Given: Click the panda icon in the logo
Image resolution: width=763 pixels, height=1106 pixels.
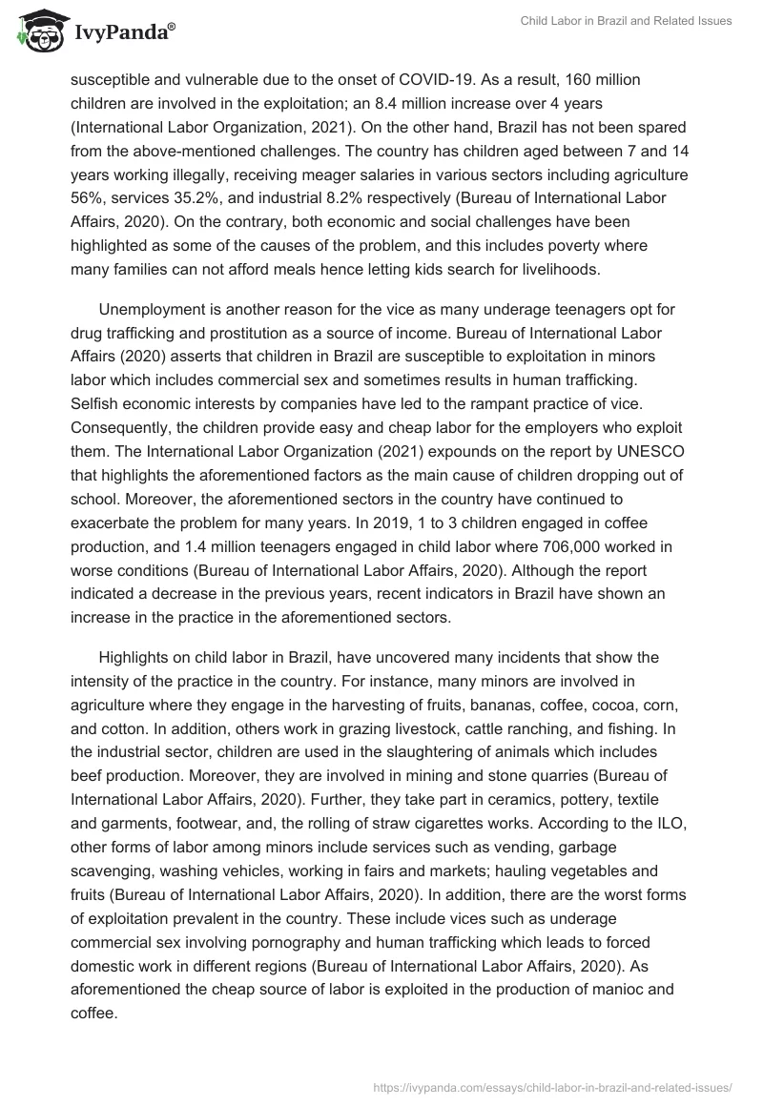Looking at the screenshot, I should click(x=36, y=32).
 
